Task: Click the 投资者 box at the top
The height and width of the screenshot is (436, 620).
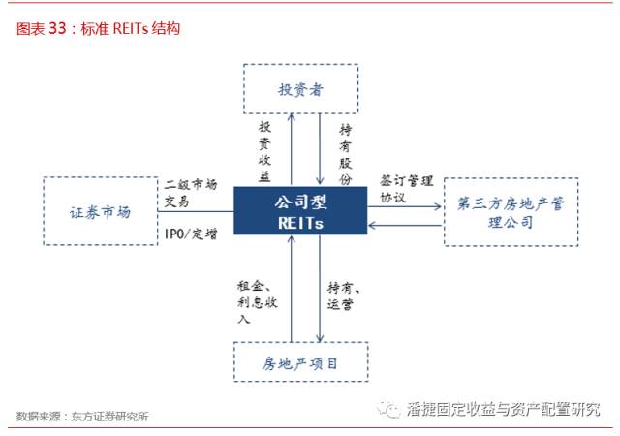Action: (300, 89)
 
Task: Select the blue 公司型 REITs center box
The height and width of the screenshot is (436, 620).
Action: (300, 209)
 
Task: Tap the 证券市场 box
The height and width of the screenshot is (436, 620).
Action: (100, 210)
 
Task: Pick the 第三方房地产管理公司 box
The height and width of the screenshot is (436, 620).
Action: (511, 210)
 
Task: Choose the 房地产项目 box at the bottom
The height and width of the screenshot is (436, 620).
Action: (300, 363)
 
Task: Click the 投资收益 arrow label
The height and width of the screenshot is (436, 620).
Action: (264, 150)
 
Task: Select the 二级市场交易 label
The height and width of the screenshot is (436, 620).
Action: (190, 192)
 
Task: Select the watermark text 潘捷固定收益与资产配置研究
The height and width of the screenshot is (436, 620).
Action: (503, 410)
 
